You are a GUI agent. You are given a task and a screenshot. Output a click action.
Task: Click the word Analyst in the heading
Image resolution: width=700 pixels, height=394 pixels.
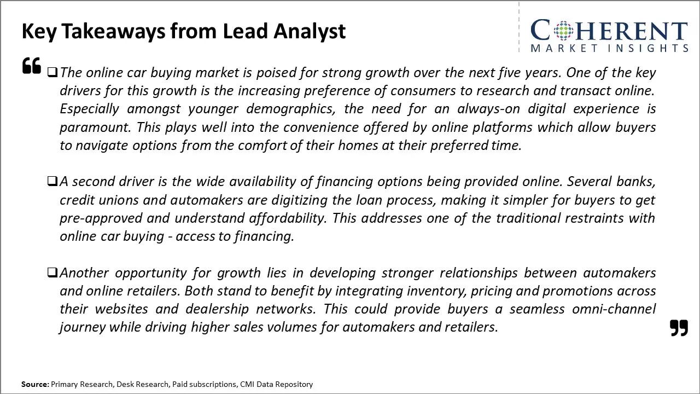coord(310,32)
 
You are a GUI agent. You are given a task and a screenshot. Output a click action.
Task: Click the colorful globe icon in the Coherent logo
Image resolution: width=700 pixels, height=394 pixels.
coord(563,30)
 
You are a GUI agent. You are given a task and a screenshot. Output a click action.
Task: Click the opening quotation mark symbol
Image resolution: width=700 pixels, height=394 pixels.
coord(32,66)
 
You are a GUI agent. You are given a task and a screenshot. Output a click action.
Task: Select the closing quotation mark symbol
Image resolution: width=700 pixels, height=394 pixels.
coord(679,328)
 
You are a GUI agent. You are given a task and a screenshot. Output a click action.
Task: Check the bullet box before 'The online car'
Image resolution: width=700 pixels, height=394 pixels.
coord(52,73)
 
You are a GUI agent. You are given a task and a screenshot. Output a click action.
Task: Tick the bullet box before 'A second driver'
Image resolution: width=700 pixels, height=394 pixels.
coord(52,181)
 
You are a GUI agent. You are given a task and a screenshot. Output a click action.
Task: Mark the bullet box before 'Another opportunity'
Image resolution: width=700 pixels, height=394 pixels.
coord(52,273)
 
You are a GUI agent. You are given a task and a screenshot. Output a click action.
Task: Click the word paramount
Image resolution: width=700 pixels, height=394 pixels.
coord(95,128)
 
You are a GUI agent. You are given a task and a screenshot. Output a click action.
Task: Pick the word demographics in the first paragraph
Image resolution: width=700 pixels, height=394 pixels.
coord(290,109)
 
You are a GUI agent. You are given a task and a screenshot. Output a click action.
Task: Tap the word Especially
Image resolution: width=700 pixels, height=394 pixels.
coord(89,109)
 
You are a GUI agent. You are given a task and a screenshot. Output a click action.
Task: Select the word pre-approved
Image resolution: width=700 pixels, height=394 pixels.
coord(101,218)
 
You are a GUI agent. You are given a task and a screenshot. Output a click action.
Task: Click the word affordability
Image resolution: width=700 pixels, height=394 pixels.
coord(288,218)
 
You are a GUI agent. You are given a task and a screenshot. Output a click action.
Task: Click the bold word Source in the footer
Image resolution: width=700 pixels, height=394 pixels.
coord(35,384)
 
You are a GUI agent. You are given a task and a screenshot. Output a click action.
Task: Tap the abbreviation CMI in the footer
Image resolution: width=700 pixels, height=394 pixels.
coord(247,384)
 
